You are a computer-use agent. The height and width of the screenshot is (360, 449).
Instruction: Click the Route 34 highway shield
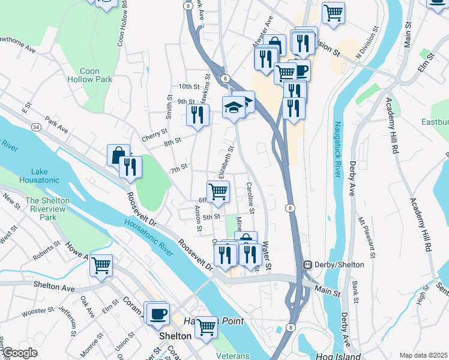37,127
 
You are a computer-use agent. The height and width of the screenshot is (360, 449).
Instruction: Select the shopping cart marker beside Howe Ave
101,264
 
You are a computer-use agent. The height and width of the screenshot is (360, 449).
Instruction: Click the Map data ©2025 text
423,355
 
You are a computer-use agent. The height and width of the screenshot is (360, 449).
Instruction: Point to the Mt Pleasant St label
366,236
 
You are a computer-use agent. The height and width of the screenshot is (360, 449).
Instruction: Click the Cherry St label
154,137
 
